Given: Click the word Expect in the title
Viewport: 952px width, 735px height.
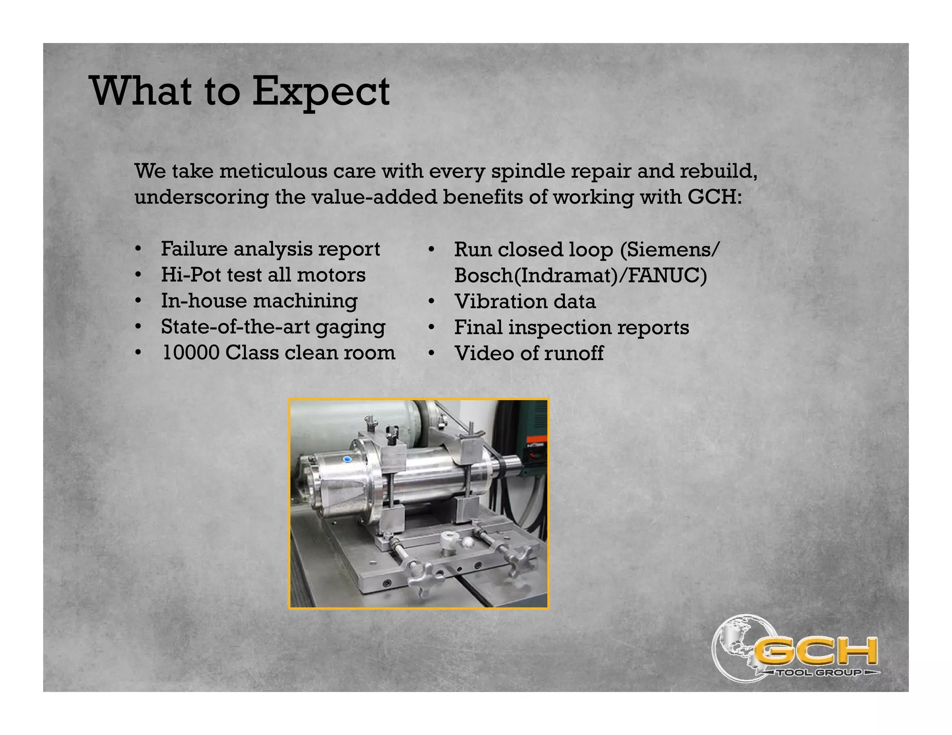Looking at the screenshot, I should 321,92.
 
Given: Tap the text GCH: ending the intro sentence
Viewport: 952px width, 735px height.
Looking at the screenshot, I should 714,197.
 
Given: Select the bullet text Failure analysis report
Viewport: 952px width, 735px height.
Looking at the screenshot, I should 270,249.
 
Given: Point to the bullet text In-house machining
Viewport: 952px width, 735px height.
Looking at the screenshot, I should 259,301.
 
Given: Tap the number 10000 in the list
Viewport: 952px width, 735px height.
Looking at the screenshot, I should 190,353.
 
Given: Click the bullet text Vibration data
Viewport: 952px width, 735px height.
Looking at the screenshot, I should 525,302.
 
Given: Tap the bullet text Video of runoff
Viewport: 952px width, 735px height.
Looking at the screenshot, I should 529,354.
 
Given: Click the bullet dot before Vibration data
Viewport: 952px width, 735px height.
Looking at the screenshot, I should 431,302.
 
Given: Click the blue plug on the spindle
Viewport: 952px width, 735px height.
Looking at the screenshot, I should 347,459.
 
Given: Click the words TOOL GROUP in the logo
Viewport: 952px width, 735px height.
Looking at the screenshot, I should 820,673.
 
